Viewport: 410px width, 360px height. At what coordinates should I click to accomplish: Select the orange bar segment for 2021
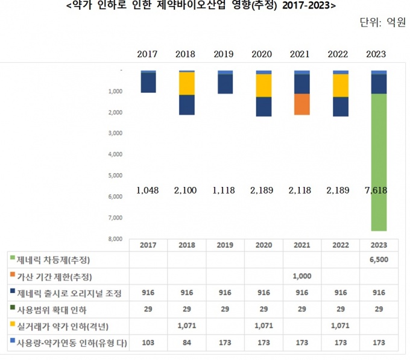(302, 104)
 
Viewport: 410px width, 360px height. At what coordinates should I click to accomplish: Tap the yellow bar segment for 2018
(186, 83)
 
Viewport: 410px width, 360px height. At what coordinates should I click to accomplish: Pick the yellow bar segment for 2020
(263, 85)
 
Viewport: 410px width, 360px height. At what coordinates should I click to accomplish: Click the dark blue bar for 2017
(148, 83)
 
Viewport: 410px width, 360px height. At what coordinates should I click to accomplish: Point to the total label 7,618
(379, 190)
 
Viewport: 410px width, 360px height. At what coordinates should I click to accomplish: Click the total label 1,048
(148, 190)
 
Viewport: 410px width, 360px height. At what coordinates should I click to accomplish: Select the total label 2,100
(186, 190)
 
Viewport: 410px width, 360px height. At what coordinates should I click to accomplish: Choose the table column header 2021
(302, 245)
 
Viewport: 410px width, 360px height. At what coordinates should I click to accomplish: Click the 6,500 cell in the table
(379, 260)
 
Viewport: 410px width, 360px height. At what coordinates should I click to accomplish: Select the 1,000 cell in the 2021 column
(302, 276)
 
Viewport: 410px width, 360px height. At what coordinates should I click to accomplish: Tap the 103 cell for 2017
(148, 343)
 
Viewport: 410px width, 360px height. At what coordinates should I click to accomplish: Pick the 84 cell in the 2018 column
(186, 343)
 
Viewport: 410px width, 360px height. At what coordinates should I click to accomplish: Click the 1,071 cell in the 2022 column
(341, 326)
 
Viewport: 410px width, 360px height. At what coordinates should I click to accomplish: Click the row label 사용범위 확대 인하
(53, 310)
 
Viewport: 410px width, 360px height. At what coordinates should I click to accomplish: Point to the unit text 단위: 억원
(382, 23)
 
